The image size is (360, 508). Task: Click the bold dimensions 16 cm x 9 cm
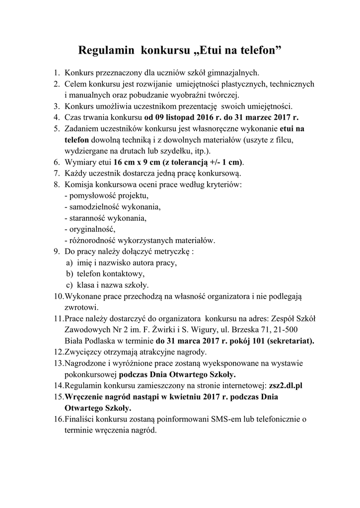coord(141,162)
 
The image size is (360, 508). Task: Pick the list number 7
coord(56,173)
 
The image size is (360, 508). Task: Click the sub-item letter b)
coord(70,274)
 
